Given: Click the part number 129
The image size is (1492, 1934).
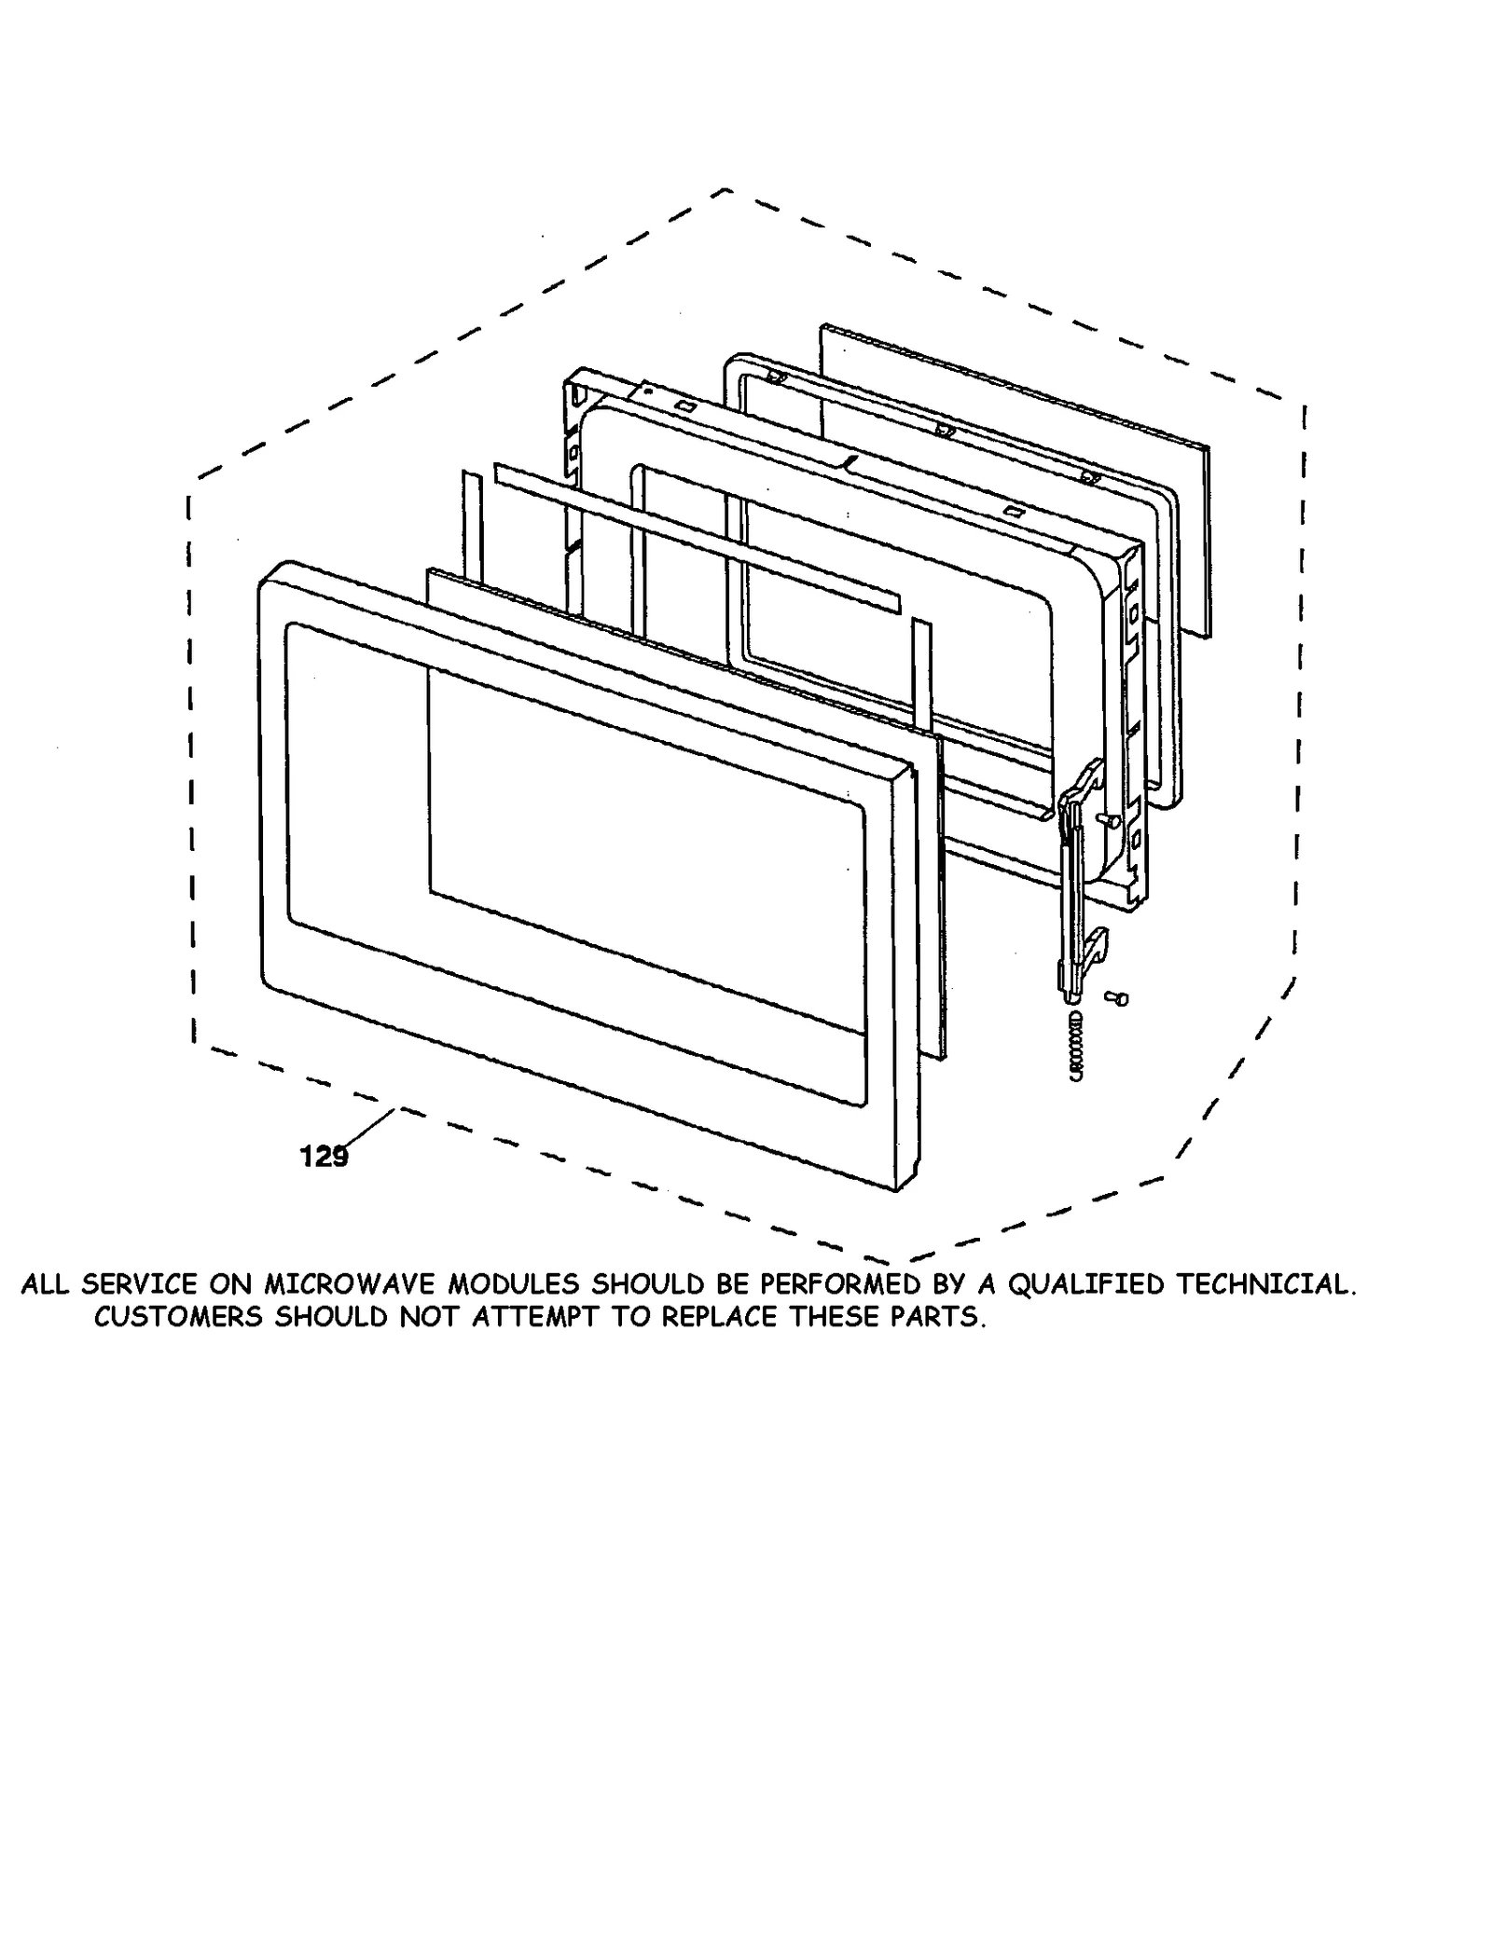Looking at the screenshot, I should click(x=324, y=1157).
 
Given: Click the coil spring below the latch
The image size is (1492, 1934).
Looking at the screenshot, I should click(x=1076, y=1045).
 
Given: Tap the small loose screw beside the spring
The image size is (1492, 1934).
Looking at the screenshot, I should click(x=1116, y=998).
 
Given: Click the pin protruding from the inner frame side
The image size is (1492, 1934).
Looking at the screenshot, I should click(x=1109, y=820).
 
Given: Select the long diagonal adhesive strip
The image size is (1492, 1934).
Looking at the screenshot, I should click(x=699, y=538).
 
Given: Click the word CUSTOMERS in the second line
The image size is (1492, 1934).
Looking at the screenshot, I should click(x=178, y=1318).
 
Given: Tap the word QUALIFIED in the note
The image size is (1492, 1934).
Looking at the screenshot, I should click(x=1085, y=1285).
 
